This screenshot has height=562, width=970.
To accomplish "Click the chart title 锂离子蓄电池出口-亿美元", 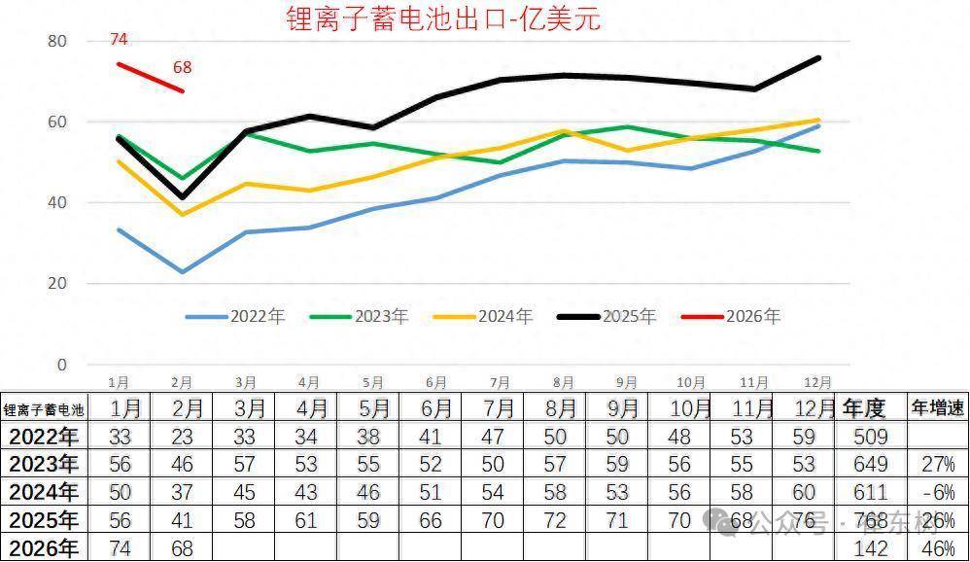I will (444, 18).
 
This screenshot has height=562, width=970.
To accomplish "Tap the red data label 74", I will (119, 40).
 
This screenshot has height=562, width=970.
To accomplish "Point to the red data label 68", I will (182, 68).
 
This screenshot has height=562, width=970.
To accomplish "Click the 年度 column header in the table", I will (864, 408).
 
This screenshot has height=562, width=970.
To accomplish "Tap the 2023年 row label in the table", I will (43, 464).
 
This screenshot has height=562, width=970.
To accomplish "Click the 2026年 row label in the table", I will (43, 548).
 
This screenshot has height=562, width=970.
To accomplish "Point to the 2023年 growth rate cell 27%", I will (937, 464).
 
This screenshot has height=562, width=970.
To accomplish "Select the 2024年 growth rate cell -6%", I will (937, 492).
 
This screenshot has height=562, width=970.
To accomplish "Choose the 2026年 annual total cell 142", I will (869, 548).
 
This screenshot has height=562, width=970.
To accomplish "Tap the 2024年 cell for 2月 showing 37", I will (181, 492).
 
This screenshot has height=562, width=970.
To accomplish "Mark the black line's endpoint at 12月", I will (819, 58).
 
